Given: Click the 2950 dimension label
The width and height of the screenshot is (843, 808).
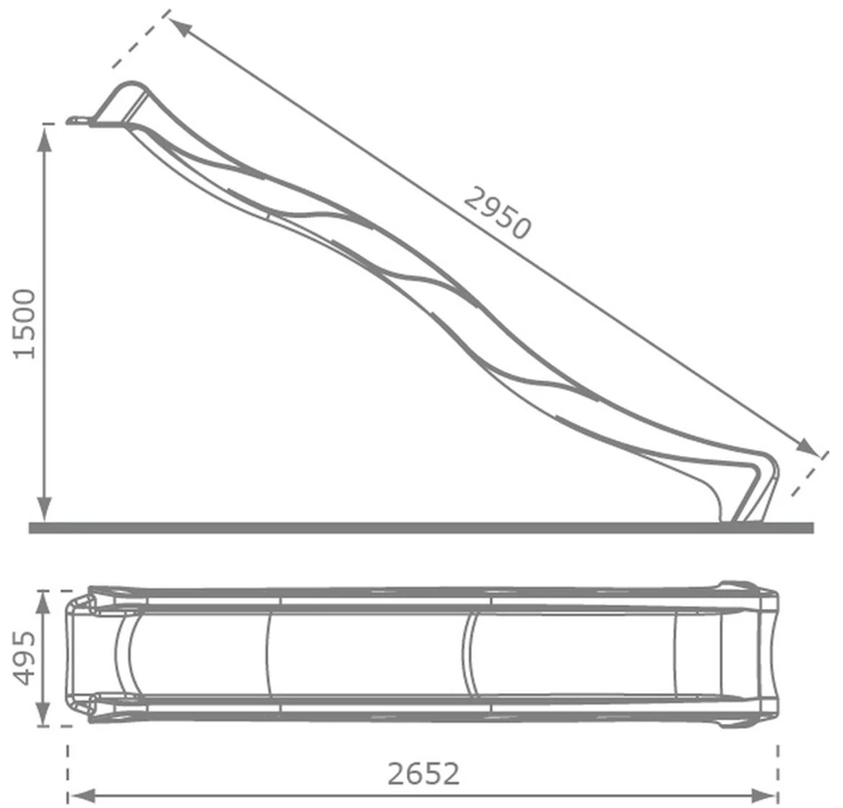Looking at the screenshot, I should click(x=497, y=212).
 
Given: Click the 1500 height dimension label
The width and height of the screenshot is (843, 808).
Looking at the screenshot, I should click(x=24, y=324).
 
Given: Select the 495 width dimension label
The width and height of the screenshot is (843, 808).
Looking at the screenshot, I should click(x=24, y=657).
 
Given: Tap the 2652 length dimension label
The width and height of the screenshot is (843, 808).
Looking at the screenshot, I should click(x=423, y=773).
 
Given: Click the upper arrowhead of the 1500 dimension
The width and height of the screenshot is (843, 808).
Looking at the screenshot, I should click(x=45, y=140).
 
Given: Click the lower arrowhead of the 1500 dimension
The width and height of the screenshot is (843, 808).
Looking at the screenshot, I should click(x=45, y=507).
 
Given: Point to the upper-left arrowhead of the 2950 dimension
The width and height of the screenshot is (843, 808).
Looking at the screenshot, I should click(x=181, y=27).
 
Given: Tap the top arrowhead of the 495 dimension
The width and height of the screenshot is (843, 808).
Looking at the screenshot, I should click(x=45, y=603).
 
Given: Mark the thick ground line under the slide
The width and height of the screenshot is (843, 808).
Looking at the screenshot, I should click(x=421, y=528).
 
